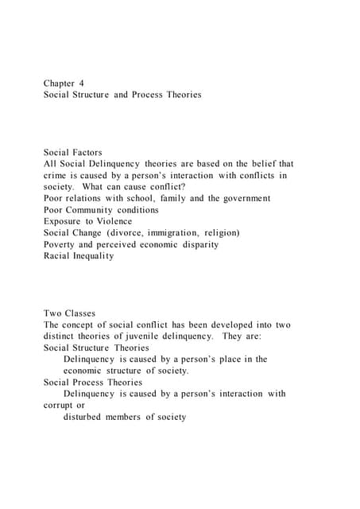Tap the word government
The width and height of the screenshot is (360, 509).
(x=243, y=198)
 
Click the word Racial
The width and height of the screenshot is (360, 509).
(x=59, y=256)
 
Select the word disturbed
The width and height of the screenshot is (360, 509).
(x=85, y=417)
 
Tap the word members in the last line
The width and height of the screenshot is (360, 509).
(x=136, y=417)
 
